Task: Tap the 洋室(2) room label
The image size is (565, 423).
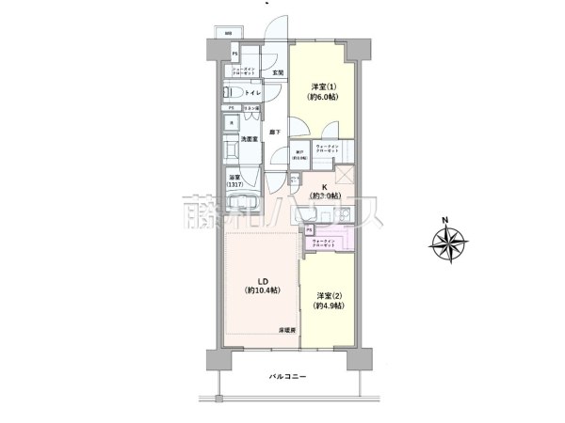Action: click(329, 299)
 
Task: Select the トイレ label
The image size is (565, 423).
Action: click(254, 93)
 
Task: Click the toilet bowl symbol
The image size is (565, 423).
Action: click(232, 93)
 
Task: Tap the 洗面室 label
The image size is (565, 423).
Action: click(251, 140)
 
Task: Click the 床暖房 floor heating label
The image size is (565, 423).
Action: click(287, 332)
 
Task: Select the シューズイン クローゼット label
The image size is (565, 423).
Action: click(246, 70)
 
